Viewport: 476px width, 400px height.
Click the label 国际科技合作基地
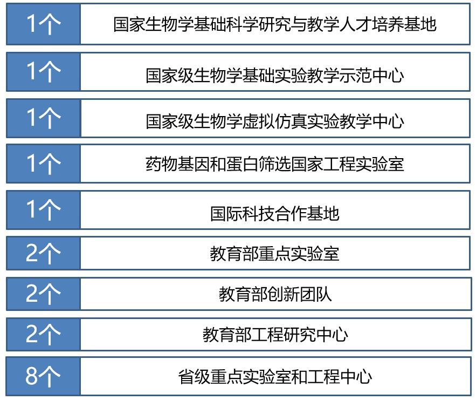tap(274, 213)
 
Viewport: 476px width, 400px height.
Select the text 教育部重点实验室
tap(274, 253)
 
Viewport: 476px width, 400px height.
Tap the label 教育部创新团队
tap(274, 294)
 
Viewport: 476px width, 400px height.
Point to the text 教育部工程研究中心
tap(274, 335)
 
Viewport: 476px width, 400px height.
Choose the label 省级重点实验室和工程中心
tap(274, 376)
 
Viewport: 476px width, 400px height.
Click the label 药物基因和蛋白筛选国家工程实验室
tap(274, 163)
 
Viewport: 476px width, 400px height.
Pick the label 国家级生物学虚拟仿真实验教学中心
tap(274, 121)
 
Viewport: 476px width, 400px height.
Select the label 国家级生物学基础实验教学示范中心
tap(274, 75)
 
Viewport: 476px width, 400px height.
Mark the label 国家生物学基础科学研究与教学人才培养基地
tap(274, 25)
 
